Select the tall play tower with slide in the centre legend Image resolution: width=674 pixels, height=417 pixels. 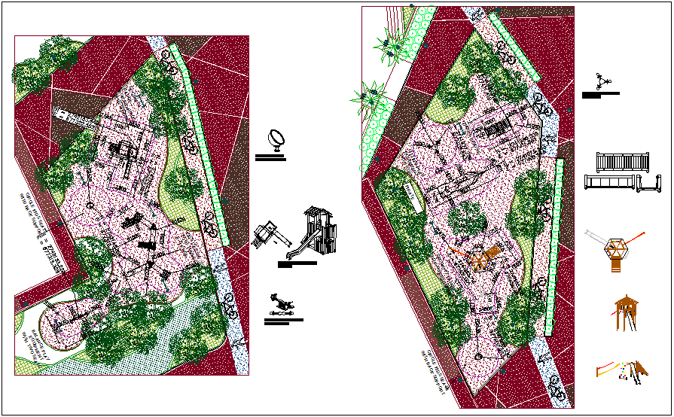320,233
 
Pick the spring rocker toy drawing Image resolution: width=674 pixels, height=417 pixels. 282,306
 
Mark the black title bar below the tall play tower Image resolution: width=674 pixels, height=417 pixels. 297,263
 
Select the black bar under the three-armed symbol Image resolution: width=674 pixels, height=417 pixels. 600,94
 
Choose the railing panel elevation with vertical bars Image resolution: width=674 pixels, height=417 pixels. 621,161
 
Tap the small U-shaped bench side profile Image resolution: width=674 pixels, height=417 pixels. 649,184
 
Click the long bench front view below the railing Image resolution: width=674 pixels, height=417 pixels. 611,183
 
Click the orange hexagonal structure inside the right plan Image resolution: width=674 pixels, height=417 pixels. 482,257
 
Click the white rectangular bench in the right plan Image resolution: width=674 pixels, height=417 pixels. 413,196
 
